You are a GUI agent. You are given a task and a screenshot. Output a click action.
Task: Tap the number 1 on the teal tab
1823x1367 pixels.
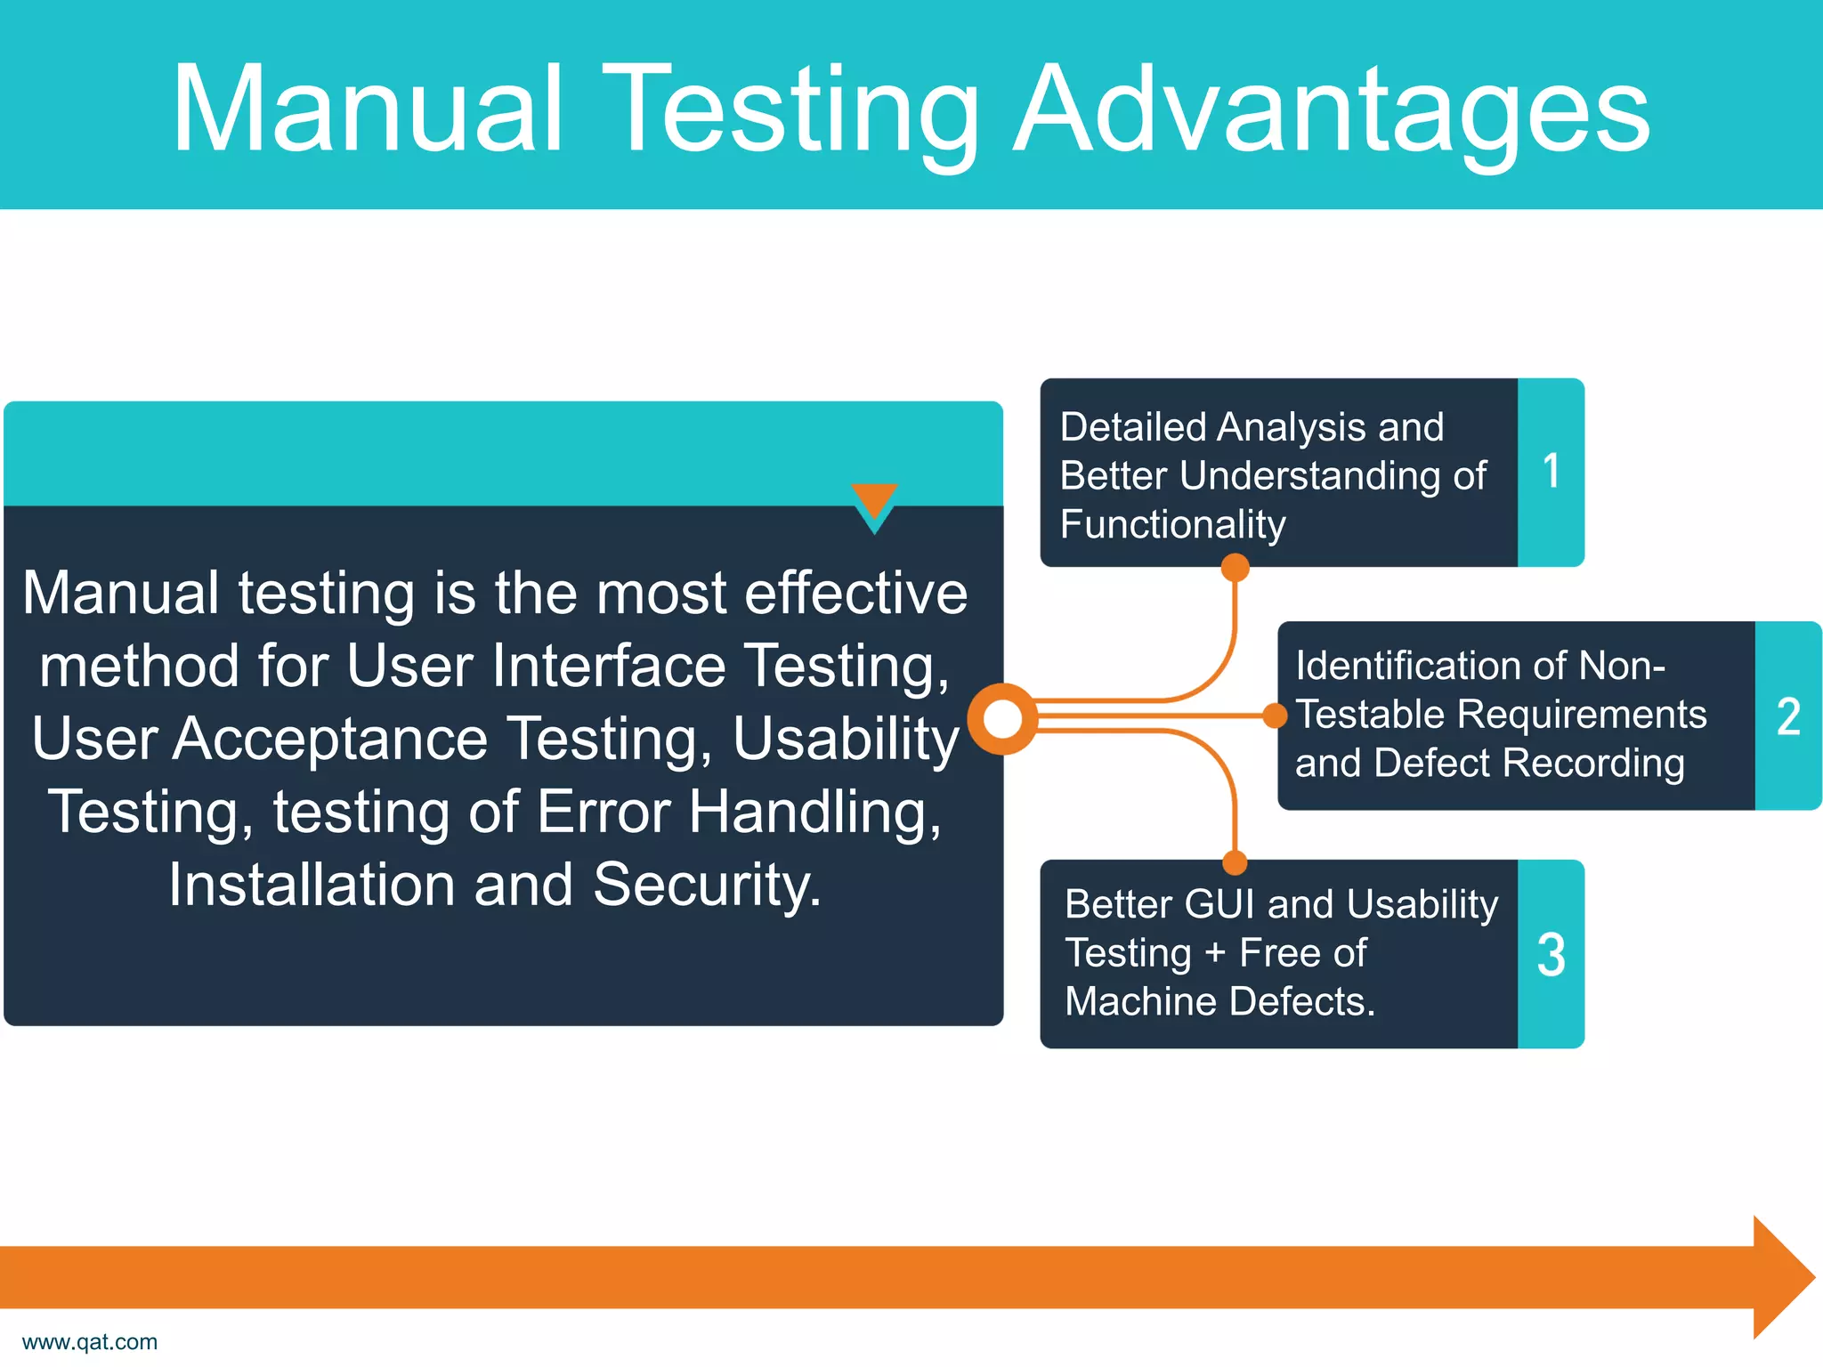(1551, 472)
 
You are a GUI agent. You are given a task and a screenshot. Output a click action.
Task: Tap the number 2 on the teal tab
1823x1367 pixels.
(1787, 717)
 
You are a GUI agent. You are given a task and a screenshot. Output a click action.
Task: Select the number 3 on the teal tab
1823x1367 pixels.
(1551, 956)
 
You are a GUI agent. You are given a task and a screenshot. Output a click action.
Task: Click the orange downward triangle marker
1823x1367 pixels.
(874, 500)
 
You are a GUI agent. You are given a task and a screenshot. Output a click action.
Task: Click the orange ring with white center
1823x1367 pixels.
(1003, 719)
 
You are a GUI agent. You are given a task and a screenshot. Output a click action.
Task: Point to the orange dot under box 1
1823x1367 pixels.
(1235, 567)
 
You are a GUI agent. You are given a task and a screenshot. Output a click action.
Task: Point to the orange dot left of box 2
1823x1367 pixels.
(1275, 716)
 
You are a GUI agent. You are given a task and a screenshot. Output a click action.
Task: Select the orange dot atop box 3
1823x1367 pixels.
(1235, 861)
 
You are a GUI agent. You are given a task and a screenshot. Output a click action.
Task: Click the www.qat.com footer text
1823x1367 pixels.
(90, 1341)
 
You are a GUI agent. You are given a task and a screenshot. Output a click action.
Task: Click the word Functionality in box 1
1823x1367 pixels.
(1172, 524)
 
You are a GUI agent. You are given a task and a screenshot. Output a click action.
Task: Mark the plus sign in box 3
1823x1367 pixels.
(1214, 954)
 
